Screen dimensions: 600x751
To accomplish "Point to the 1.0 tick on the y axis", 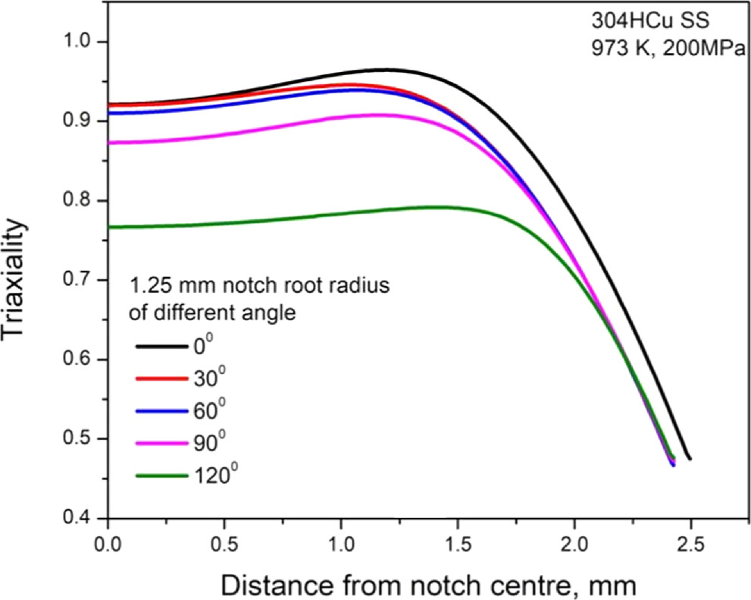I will pos(83,41).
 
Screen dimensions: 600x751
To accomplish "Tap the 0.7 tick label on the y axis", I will pos(83,280).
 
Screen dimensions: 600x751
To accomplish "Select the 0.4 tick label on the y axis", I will pos(83,519).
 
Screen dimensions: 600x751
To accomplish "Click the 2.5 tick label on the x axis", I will pos(690,544).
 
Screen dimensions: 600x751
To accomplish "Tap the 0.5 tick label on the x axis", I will pos(225,544).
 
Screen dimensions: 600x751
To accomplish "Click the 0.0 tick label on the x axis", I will pos(109,544).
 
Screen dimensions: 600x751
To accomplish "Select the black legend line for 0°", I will pos(162,346).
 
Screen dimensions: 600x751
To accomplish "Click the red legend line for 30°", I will pos(162,378).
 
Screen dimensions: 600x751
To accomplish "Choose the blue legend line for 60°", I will pos(162,410).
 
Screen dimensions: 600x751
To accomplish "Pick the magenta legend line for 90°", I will pos(162,442).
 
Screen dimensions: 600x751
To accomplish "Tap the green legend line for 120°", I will pos(162,475).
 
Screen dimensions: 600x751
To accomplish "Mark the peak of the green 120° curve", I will pos(433,206).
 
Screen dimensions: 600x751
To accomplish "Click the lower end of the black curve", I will pos(690,458).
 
